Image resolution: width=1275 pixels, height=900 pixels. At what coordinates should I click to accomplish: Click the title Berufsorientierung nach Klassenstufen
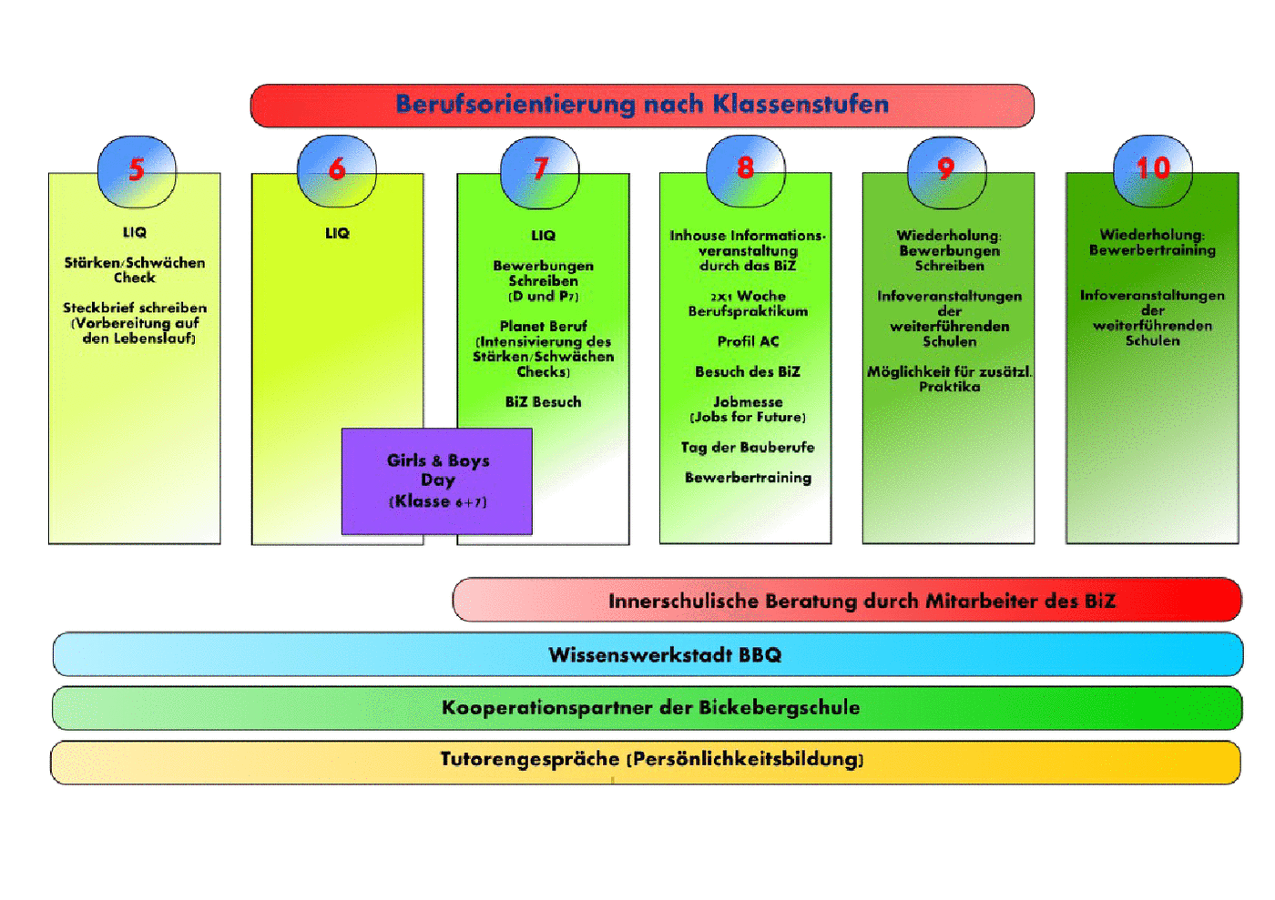click(642, 104)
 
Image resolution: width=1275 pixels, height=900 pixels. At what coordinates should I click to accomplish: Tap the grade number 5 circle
click(137, 171)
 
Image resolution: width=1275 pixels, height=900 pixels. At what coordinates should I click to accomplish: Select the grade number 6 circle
click(336, 171)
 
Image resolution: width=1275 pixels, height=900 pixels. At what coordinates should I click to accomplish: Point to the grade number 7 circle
click(539, 172)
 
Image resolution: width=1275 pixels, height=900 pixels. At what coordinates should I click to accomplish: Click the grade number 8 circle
click(746, 171)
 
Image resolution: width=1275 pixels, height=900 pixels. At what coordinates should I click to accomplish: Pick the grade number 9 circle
click(946, 172)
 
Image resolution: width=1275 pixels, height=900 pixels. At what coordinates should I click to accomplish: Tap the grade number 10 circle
click(1153, 171)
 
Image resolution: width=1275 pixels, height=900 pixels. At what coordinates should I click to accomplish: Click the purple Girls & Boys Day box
click(437, 481)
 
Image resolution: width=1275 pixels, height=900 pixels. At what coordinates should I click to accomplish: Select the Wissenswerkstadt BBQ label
click(665, 655)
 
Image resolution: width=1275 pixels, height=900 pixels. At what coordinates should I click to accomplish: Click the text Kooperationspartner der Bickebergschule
click(650, 708)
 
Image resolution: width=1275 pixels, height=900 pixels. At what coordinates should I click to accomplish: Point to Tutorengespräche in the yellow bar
click(530, 760)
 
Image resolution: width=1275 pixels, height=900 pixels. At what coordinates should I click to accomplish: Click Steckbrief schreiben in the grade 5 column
click(135, 308)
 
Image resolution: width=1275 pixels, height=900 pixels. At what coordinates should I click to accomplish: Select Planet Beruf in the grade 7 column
click(543, 326)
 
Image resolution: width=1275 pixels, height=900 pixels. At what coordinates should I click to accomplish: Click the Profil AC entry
click(748, 341)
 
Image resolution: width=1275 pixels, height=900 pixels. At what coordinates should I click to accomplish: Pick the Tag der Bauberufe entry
click(748, 448)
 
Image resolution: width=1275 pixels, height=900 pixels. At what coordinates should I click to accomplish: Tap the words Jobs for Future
click(748, 417)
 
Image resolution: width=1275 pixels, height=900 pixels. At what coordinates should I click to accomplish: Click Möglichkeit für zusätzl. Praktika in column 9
click(949, 379)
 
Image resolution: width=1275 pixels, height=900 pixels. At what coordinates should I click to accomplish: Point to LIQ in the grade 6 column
click(337, 233)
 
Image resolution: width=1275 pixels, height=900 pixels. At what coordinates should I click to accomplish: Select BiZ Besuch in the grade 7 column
click(543, 402)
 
